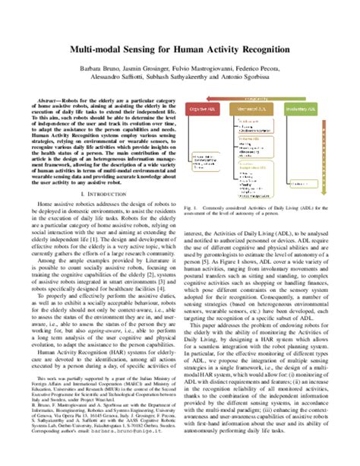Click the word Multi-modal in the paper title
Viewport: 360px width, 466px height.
106,49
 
